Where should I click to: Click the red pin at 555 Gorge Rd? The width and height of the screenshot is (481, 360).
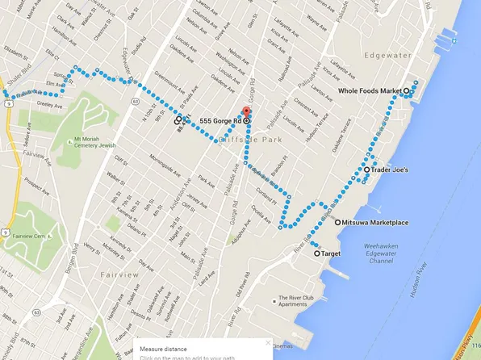248,112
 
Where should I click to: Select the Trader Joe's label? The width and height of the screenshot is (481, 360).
391,170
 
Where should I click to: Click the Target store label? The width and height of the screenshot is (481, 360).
331,253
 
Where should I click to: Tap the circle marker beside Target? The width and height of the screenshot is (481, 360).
316,253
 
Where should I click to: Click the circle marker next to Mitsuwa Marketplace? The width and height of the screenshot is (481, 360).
337,222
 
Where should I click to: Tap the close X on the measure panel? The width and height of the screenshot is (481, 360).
268,343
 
